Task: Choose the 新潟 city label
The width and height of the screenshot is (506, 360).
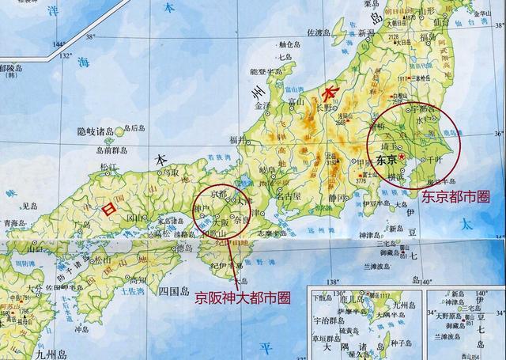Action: tap(365, 33)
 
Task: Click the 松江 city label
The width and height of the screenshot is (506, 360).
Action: tap(108, 168)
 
